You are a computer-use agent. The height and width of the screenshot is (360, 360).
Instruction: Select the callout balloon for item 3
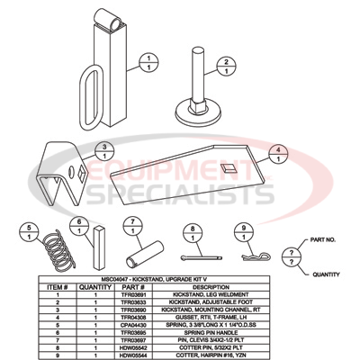tap(105, 150)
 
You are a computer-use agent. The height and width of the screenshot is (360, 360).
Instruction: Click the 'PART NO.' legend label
tap(322, 239)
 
